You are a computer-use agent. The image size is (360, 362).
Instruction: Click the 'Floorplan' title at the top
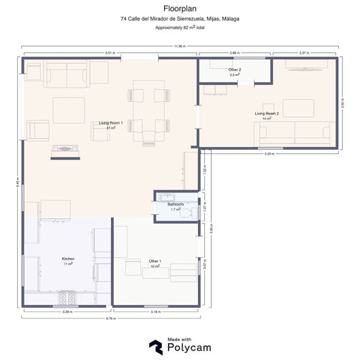[x=180, y=8]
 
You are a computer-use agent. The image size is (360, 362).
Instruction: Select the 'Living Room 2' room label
[x=267, y=114]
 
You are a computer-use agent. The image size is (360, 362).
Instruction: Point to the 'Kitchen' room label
[x=67, y=259]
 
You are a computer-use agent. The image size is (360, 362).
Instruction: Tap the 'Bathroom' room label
[x=176, y=204]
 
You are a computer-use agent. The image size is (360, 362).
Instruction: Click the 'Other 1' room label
[x=155, y=261]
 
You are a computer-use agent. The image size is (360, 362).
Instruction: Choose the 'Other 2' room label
[x=234, y=70]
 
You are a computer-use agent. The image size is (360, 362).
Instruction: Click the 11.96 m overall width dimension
[x=180, y=46]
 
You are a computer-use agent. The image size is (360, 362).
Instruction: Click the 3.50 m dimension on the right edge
[x=342, y=103]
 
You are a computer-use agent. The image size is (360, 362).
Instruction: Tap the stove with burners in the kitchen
[x=67, y=297]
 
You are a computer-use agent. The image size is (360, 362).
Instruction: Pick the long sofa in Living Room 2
[x=293, y=134]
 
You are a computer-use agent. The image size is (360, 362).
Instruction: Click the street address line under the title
[x=180, y=19]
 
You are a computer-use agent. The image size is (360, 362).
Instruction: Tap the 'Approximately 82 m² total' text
[x=180, y=28]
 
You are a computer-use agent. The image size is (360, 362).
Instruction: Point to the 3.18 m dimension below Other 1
[x=156, y=312]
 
